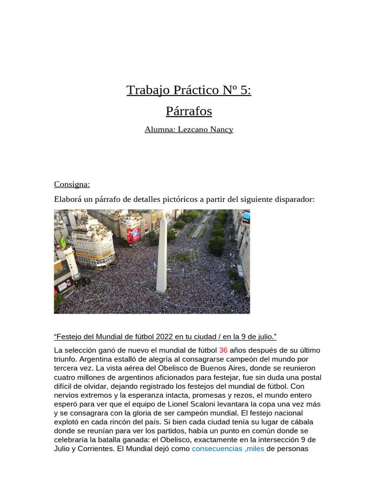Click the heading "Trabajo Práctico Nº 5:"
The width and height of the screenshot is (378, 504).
[189, 90]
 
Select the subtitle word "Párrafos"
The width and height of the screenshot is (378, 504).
[189, 111]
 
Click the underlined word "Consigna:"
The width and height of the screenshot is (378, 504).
[72, 184]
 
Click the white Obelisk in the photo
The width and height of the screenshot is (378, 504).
[161, 256]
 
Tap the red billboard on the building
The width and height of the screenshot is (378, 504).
[133, 235]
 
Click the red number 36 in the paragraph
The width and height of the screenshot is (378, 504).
[223, 350]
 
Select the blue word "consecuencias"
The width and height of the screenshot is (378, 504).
[217, 449]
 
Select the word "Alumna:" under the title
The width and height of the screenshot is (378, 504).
[159, 129]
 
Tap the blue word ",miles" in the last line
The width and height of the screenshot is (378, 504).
[254, 449]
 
